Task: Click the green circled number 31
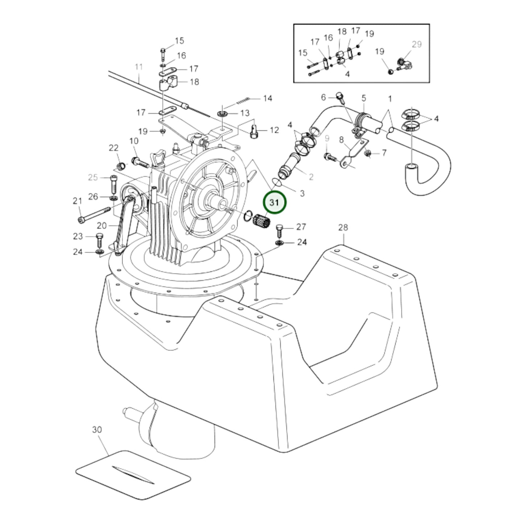tap(275, 203)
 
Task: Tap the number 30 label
tap(97, 429)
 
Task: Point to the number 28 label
tap(343, 227)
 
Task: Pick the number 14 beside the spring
tap(268, 98)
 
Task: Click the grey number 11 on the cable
tap(139, 67)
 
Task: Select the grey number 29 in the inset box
tap(417, 44)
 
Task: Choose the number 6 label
tap(323, 97)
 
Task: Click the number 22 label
tap(114, 148)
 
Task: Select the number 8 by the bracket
tap(341, 139)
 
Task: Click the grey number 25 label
tap(93, 177)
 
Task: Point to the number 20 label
tap(102, 226)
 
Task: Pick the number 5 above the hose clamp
tap(364, 98)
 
